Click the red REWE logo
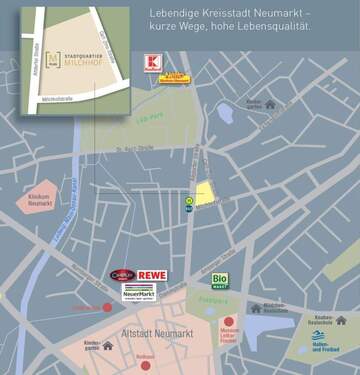(x=151, y=275)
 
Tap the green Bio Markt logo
(x=220, y=281)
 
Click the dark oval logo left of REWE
(x=122, y=275)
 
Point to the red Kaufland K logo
(x=152, y=62)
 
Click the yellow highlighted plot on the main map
(x=204, y=193)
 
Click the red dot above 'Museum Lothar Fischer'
(x=229, y=322)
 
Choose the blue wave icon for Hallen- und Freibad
(x=319, y=336)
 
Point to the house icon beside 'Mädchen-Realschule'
(x=256, y=308)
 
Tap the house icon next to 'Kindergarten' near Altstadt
(x=108, y=345)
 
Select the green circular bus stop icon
(x=188, y=200)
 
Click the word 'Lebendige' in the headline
(x=172, y=12)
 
